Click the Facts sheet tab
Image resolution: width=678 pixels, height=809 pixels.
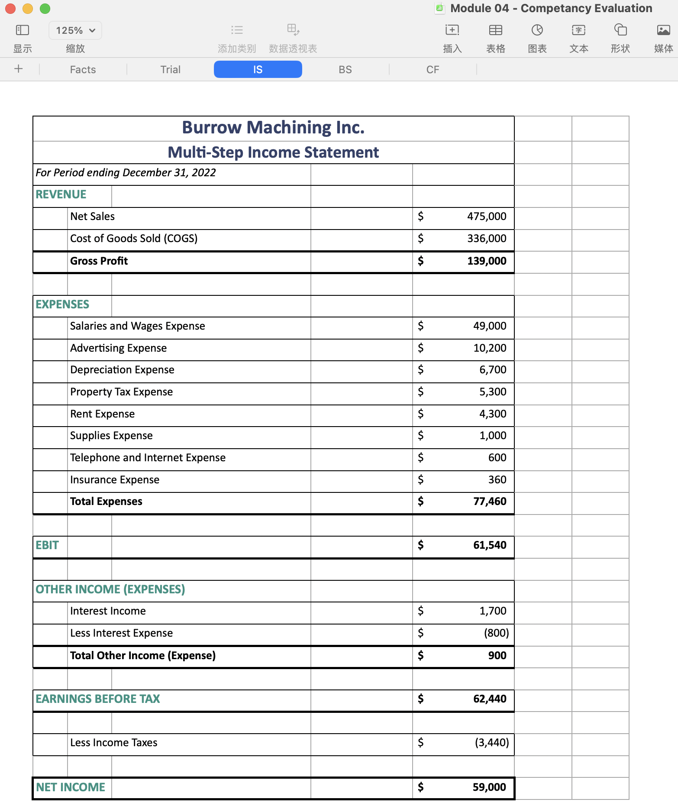pyautogui.click(x=83, y=70)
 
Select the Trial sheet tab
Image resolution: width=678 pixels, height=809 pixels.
pyautogui.click(x=170, y=70)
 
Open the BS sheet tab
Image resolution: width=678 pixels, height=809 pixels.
pyautogui.click(x=345, y=70)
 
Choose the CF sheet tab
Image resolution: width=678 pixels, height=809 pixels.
pyautogui.click(x=433, y=70)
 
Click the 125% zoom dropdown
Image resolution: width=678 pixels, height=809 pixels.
pyautogui.click(x=75, y=30)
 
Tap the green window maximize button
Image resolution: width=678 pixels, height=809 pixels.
pyautogui.click(x=45, y=9)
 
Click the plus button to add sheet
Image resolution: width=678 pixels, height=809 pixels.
pyautogui.click(x=19, y=69)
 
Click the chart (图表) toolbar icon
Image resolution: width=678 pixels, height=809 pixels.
pyautogui.click(x=537, y=30)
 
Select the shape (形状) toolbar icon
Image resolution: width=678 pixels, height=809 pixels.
pyautogui.click(x=620, y=30)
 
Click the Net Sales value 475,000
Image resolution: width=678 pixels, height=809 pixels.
pyautogui.click(x=486, y=217)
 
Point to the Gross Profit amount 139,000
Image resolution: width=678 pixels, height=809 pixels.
pyautogui.click(x=486, y=261)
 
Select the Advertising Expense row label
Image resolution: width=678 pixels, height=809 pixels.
pyautogui.click(x=118, y=348)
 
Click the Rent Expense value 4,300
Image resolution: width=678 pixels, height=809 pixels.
pyautogui.click(x=492, y=414)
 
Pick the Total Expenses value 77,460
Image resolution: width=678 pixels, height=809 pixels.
pyautogui.click(x=489, y=502)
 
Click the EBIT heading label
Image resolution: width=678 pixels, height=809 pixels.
pyautogui.click(x=47, y=545)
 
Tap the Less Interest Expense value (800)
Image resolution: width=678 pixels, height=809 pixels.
pyautogui.click(x=496, y=633)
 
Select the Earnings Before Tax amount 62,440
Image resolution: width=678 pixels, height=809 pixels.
pyautogui.click(x=489, y=699)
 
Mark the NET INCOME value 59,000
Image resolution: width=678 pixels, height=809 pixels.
pyautogui.click(x=489, y=787)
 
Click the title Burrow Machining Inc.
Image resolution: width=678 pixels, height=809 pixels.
pyautogui.click(x=273, y=128)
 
